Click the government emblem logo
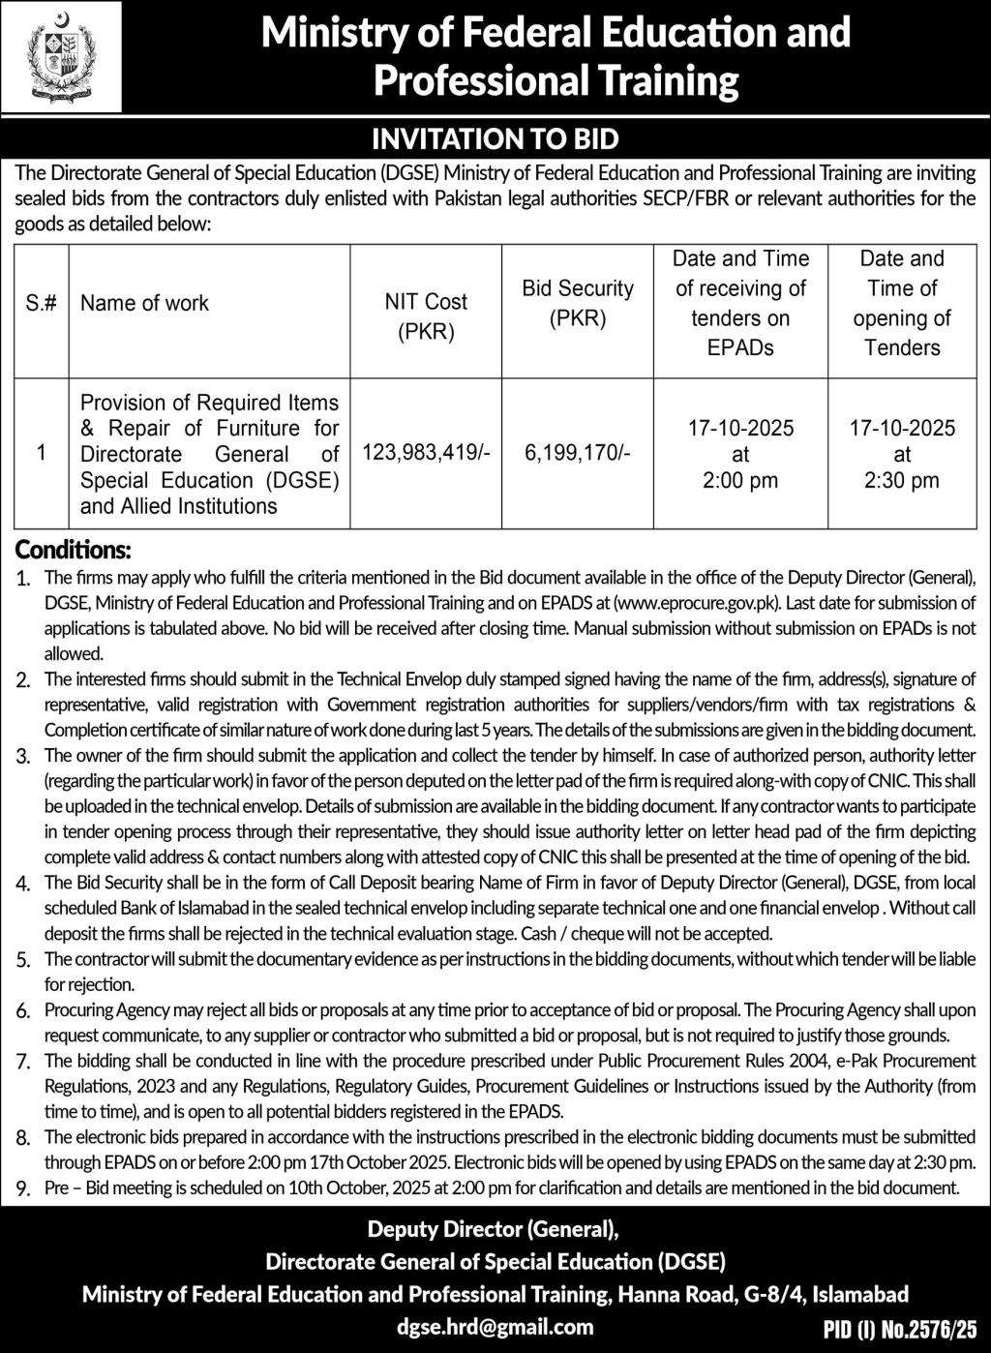coord(61,57)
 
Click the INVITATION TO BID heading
coord(495,139)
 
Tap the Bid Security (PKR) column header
coord(578,303)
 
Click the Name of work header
coord(144,303)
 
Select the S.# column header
coord(41,303)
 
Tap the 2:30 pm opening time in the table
coord(902,480)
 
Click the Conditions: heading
coord(73,551)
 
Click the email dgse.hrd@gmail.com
coord(495,1326)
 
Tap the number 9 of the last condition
coord(23,1188)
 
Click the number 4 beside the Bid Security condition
coord(23,884)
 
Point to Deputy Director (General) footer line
coord(493,1230)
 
